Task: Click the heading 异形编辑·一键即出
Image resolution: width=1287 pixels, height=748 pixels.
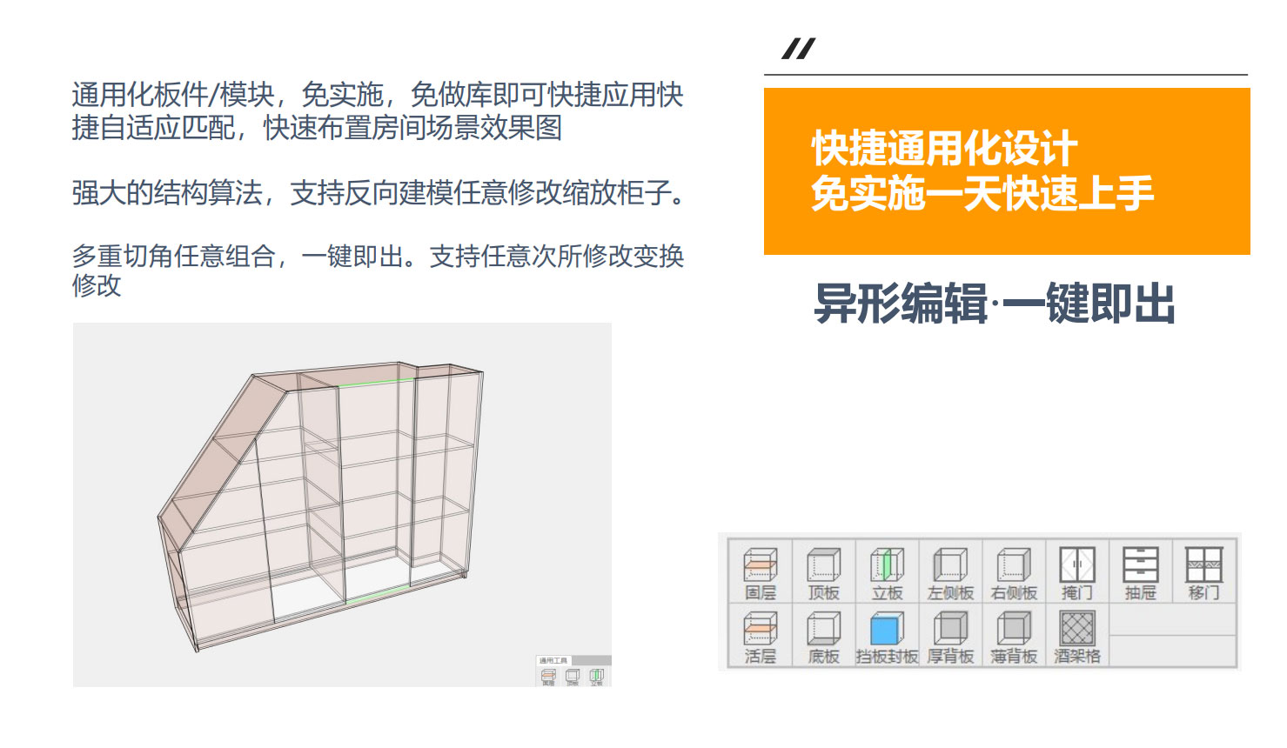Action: [995, 304]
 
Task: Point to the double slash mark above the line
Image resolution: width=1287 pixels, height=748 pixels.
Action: [798, 49]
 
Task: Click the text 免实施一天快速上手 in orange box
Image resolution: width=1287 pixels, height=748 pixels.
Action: [982, 193]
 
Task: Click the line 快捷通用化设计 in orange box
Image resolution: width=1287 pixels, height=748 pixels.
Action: [944, 149]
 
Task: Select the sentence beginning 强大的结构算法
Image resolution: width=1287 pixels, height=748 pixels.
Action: [379, 193]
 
